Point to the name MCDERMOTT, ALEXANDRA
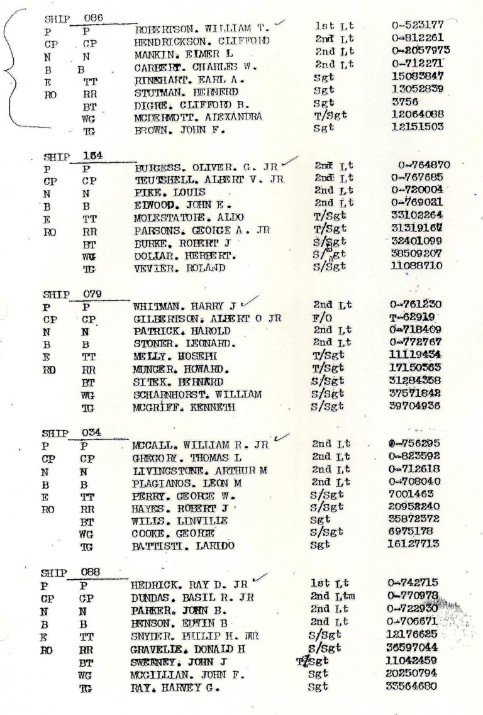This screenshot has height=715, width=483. [198, 118]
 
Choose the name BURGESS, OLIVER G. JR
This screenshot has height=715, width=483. [206, 168]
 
